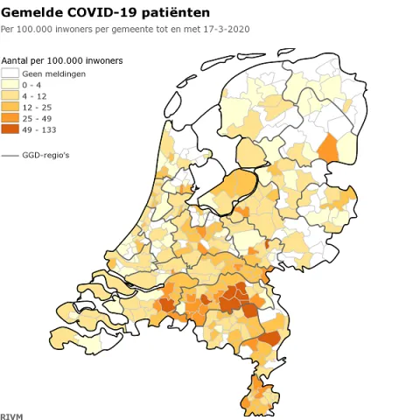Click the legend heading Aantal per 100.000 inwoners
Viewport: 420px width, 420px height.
(61, 60)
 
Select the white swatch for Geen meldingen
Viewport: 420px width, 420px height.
(11, 73)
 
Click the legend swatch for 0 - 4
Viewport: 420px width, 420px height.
(11, 86)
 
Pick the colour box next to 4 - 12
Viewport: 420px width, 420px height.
(11, 96)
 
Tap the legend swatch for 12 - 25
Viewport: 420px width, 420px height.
(11, 107)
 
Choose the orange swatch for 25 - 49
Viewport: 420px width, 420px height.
(11, 118)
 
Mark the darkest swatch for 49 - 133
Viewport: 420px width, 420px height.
(11, 129)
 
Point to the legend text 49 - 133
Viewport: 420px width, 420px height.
(38, 129)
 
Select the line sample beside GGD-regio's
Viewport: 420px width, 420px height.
(11, 155)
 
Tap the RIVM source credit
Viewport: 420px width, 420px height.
(11, 414)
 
